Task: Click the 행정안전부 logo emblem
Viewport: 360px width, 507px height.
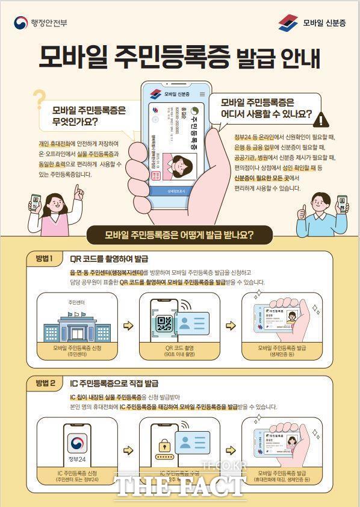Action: (20, 23)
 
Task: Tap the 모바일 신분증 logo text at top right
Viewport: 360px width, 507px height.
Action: (324, 23)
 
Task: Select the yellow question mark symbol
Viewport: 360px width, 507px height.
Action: (39, 98)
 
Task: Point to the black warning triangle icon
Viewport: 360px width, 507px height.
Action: (323, 120)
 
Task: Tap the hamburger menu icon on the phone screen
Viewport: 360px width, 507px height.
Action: (202, 94)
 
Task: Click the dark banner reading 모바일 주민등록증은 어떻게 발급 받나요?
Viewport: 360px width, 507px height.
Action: (179, 234)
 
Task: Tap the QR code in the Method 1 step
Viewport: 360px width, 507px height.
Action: (164, 324)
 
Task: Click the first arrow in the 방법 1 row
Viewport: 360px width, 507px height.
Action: (128, 326)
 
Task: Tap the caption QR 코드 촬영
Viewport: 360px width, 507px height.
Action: (179, 348)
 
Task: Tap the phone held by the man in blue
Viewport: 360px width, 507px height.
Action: (342, 204)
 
